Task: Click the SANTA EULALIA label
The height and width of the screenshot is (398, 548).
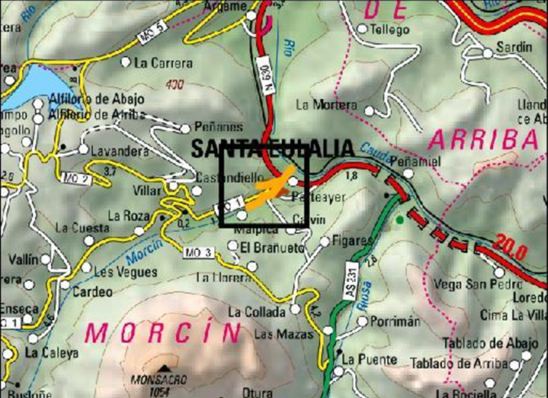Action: (x=272, y=149)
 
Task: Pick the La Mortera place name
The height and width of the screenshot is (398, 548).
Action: (x=326, y=105)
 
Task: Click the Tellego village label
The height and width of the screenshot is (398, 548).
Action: (x=392, y=30)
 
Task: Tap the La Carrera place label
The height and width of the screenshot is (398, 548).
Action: (x=161, y=63)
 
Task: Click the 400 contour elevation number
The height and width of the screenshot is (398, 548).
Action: (x=174, y=85)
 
